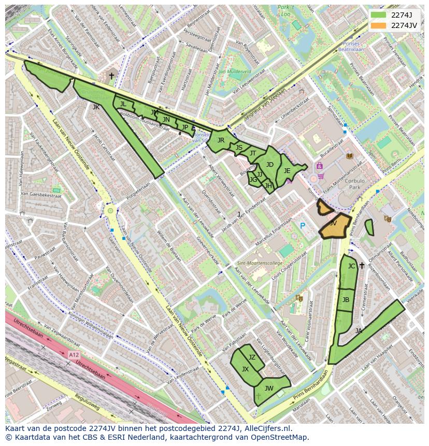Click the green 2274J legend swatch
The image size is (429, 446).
[x=379, y=15]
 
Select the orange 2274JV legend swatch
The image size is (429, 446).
[x=379, y=25]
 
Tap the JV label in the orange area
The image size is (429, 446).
[x=333, y=223]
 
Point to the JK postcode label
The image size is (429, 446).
[x=96, y=107]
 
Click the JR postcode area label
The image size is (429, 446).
[x=221, y=140]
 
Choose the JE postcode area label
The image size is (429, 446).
[x=287, y=171]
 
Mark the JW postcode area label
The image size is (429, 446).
[x=269, y=388]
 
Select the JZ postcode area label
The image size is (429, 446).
[x=252, y=357]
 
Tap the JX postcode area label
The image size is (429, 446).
[x=245, y=369]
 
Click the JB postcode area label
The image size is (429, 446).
[x=346, y=300]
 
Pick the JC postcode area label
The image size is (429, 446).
[x=351, y=266]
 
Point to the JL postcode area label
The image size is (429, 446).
[x=123, y=104]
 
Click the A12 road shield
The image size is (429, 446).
[x=74, y=355]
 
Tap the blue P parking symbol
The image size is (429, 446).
[x=303, y=226]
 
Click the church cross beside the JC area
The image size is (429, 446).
[x=362, y=266]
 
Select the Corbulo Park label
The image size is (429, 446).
[x=355, y=184]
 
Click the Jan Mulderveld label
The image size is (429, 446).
[x=235, y=71]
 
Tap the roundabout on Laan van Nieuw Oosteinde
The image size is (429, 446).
[x=110, y=211]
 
